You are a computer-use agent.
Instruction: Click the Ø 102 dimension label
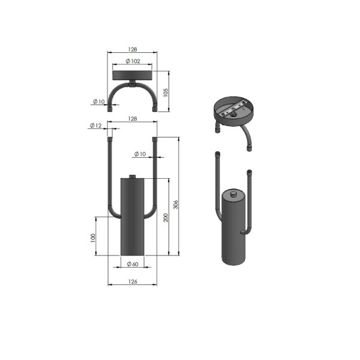coord(133,61)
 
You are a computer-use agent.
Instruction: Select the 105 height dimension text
coord(166,92)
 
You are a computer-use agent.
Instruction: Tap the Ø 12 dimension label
coord(95,125)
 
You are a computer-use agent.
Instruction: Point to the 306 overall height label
coord(175,205)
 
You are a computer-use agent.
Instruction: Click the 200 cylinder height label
coord(166,218)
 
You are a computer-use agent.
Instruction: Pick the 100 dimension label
coord(92,238)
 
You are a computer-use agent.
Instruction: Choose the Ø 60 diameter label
coord(133,264)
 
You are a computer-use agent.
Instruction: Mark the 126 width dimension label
coord(133,281)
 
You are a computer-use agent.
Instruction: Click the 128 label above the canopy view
coord(133,49)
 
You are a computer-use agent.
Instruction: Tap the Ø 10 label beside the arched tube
coord(99,101)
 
